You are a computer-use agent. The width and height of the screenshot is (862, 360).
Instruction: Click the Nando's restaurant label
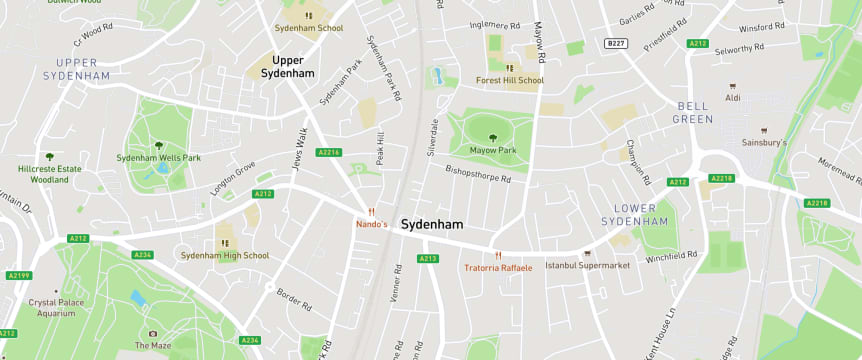[371, 224]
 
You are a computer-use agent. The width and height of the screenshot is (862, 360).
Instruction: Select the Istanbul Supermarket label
[587, 265]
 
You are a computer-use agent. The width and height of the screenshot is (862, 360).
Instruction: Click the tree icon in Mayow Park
[492, 137]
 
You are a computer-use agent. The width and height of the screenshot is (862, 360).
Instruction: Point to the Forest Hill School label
[510, 80]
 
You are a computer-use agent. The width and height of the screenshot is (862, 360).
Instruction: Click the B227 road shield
[616, 43]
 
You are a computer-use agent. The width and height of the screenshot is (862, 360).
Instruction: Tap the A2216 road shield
[328, 152]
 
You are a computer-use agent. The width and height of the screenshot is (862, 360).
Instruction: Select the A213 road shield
[428, 258]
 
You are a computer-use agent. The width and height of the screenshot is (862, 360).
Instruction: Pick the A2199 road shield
[18, 275]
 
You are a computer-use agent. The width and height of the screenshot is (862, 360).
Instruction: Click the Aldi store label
[733, 98]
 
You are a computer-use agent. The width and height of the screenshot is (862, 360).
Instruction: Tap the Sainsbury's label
[764, 142]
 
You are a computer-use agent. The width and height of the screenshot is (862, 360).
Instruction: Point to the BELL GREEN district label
[695, 112]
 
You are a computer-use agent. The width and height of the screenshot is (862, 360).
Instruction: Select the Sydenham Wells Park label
[158, 158]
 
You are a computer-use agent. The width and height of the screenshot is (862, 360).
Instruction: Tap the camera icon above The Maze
[153, 333]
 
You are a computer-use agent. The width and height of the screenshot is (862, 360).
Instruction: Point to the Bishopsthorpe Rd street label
[478, 174]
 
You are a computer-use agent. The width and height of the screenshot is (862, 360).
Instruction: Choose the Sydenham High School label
[224, 255]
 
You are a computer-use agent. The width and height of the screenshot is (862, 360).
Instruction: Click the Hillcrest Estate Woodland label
[49, 174]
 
